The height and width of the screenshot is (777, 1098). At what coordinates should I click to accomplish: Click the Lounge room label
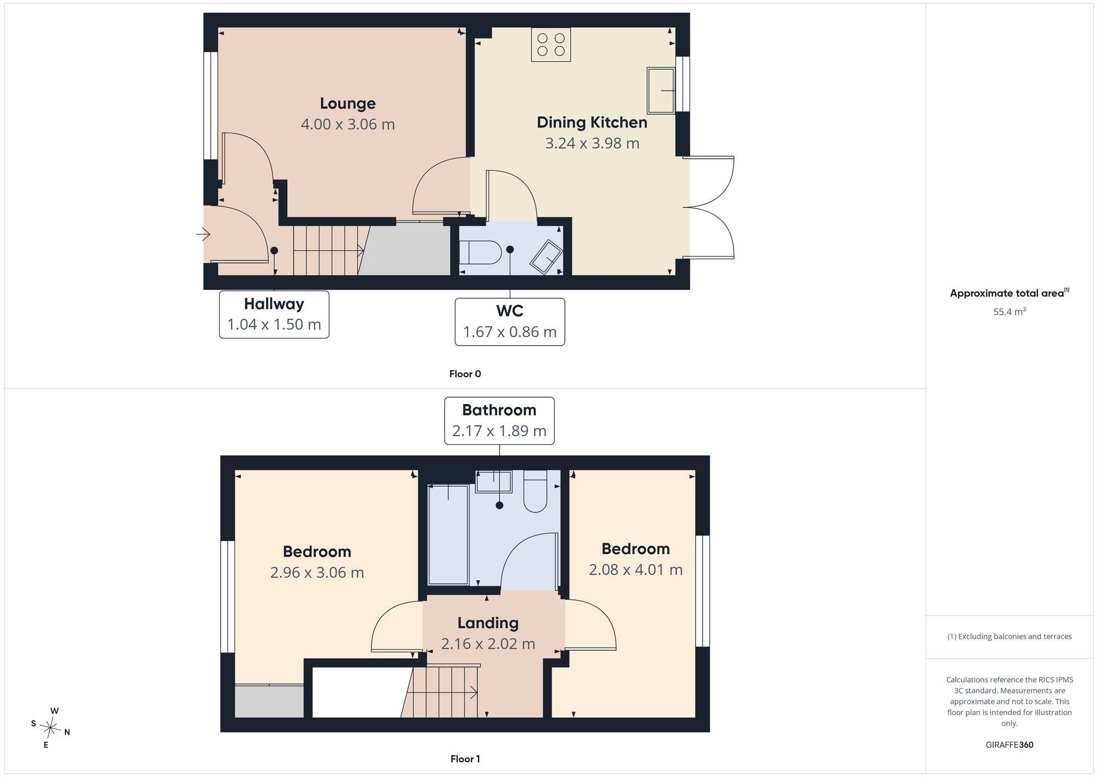[348, 103]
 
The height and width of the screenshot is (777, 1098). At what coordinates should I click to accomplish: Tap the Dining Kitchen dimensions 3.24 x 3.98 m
[592, 143]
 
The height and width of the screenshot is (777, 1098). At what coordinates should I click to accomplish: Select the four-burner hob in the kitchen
[551, 44]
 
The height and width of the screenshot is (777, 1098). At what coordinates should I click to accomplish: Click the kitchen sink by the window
[661, 91]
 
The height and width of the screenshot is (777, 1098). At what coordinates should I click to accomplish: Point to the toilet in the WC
[480, 253]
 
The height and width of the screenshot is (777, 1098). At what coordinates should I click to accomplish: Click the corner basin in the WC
[546, 257]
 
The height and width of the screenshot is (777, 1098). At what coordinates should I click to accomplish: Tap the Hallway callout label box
[274, 314]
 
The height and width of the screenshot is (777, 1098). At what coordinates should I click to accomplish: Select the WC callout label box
[510, 322]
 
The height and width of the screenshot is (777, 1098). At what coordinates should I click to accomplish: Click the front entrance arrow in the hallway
[203, 235]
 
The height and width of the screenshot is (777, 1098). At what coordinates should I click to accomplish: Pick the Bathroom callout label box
[499, 421]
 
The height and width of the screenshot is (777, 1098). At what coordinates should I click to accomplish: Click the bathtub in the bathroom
[448, 534]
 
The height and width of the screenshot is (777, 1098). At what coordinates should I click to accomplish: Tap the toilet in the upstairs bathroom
[535, 491]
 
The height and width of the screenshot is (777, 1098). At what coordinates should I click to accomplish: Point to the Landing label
[488, 623]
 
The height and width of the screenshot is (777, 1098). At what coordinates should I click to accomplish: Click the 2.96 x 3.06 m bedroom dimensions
[317, 573]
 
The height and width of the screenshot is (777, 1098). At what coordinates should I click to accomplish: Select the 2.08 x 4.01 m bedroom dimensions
[636, 570]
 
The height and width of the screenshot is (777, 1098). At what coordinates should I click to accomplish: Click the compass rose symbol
[51, 728]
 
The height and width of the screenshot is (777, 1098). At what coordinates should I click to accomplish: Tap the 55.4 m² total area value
[1010, 311]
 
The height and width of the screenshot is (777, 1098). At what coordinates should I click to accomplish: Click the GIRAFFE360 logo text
[1010, 745]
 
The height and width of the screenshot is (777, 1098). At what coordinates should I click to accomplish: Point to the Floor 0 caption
[465, 374]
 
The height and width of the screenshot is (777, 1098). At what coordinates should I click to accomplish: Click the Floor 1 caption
[465, 759]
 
